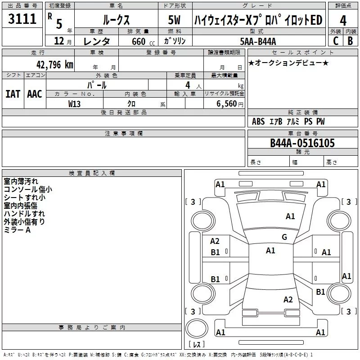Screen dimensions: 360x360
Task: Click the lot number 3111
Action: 22,19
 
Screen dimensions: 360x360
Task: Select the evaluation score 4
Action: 343,20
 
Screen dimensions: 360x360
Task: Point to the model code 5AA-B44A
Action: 258,41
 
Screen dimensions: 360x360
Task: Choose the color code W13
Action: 75,103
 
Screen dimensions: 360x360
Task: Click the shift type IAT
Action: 13,94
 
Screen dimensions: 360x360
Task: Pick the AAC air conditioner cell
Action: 34,94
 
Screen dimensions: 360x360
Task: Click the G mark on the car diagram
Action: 284,237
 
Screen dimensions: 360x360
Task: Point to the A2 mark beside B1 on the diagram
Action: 215,241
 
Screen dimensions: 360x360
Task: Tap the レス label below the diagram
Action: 197,344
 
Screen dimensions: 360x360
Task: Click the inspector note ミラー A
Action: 17,230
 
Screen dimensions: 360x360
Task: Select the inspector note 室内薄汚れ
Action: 21,181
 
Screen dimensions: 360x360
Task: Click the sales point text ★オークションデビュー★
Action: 288,63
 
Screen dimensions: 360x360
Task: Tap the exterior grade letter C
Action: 335,41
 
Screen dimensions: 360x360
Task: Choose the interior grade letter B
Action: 350,41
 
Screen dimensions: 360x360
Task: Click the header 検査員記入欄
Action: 92,173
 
